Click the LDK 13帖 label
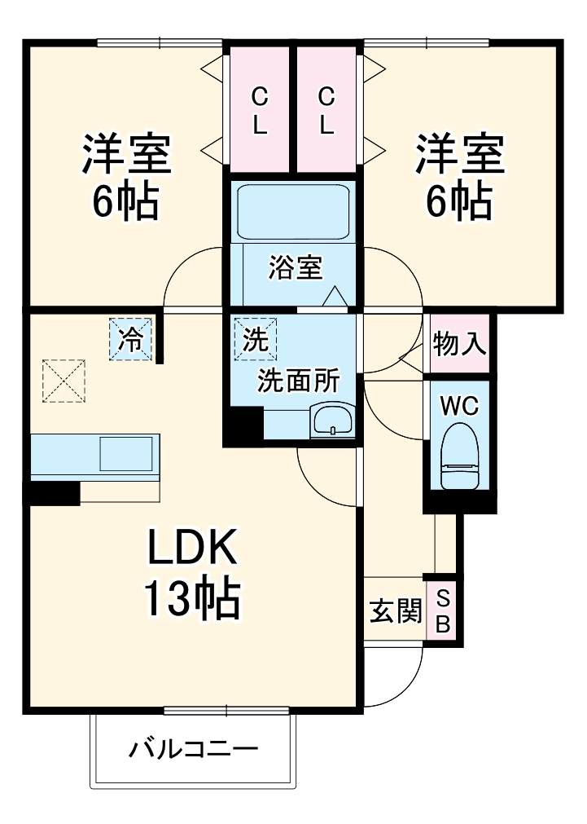click(192, 574)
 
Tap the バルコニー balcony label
click(193, 748)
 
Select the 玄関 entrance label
click(396, 611)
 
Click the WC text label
click(459, 406)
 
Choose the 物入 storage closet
click(460, 344)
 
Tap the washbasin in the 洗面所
click(331, 422)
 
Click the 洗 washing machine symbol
click(256, 338)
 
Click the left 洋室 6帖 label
click(125, 175)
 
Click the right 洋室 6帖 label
click(460, 175)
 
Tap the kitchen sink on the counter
click(126, 453)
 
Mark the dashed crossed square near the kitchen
click(64, 381)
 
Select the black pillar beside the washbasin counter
click(244, 425)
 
